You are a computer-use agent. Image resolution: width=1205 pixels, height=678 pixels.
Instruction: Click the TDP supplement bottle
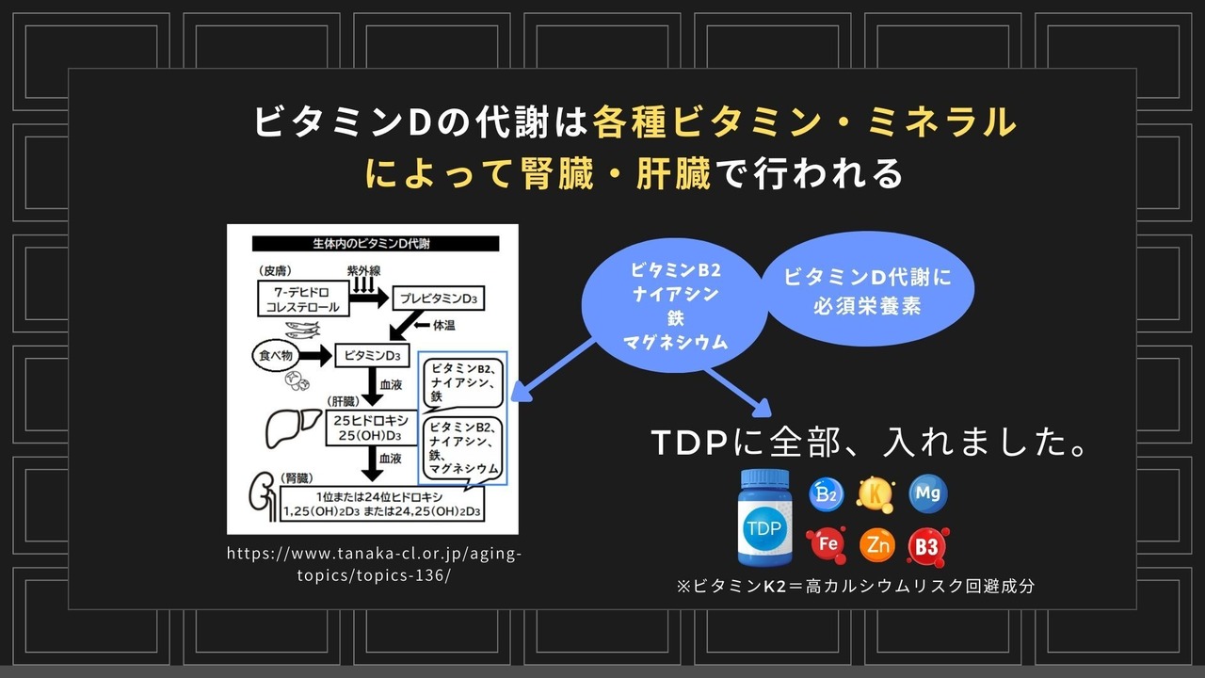pos(764,517)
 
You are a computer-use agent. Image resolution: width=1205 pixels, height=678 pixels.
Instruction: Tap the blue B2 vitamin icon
pos(826,494)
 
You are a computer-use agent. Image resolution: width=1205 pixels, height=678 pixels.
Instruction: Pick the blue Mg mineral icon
pos(928,493)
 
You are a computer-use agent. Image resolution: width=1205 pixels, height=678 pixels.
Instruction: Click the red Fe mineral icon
pos(827,544)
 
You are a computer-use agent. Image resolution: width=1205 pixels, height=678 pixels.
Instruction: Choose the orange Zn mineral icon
pos(876,545)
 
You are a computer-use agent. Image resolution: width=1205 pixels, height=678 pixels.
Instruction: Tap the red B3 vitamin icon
pos(927,547)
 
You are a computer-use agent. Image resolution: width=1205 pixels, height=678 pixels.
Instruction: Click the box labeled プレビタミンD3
pos(439,299)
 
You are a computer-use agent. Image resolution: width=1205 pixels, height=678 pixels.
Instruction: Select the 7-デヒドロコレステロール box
pos(303,299)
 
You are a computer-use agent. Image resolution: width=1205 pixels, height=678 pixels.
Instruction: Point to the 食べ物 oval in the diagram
pos(276,356)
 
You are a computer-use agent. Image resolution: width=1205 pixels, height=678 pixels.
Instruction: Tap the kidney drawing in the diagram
pos(263,496)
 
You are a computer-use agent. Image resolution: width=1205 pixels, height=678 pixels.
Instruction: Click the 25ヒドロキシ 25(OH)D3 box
pos(371,428)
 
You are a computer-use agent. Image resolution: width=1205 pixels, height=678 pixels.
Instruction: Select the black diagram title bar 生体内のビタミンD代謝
pos(376,244)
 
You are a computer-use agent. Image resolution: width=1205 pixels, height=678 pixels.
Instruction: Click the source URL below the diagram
pos(374,564)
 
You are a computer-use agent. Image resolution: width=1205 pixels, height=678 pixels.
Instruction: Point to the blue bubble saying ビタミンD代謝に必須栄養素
pos(867,289)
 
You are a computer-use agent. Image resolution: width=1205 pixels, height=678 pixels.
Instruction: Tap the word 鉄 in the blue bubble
pos(676,318)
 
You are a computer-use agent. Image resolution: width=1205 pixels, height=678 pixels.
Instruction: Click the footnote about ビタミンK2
pos(856,586)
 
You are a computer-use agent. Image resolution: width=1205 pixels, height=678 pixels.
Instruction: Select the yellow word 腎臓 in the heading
pos(557,174)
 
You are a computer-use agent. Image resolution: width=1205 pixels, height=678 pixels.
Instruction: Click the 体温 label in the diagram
pos(443,326)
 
